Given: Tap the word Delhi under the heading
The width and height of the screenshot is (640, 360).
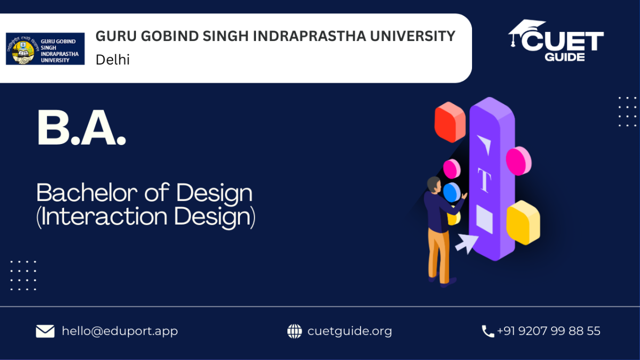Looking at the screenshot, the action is tap(113, 60).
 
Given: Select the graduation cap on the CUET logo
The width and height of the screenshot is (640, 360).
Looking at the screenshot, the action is tap(526, 31).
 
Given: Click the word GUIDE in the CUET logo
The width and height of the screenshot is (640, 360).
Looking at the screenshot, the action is tap(565, 57).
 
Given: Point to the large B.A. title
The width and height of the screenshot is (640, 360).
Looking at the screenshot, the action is tap(82, 127).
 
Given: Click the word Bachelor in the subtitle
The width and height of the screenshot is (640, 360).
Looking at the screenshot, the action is tap(87, 193).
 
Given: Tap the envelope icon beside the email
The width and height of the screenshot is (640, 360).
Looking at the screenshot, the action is tap(45, 331).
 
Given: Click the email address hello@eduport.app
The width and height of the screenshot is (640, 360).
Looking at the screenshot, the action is tap(119, 331).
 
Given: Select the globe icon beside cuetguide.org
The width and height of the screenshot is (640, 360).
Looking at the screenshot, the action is tap(294, 331).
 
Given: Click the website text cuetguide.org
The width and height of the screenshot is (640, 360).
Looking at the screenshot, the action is tap(349, 331).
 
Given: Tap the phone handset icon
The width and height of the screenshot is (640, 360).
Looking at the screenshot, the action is tap(488, 331).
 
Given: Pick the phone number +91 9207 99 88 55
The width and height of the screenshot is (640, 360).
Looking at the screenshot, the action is tap(549, 331).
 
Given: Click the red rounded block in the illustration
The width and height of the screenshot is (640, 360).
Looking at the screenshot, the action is tap(450, 122).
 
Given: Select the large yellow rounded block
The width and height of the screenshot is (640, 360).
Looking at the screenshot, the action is tap(523, 222).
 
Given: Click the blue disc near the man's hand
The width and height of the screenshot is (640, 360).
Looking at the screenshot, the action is tap(452, 193).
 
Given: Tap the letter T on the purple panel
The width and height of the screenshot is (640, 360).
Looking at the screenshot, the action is tap(484, 180).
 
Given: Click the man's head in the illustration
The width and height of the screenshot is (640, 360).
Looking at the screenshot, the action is tap(434, 185).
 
